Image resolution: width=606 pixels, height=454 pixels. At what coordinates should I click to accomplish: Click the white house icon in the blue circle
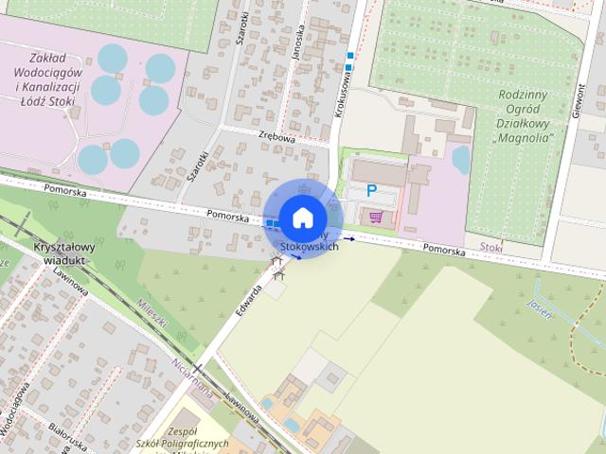click(x=301, y=218)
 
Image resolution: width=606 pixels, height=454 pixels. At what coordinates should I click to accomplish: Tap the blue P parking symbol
click(x=372, y=191)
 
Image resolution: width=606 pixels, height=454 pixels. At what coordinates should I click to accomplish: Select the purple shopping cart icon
click(x=376, y=218)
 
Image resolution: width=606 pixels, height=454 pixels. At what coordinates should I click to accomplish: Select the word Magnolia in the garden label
click(x=524, y=137)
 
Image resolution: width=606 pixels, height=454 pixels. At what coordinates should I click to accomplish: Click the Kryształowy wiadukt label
click(x=61, y=253)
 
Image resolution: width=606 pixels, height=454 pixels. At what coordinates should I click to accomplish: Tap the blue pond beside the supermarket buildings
click(x=461, y=159)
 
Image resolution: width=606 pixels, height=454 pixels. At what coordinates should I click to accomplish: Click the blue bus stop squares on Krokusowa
click(x=350, y=61)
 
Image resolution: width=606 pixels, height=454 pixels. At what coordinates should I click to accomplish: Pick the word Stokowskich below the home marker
click(x=310, y=246)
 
